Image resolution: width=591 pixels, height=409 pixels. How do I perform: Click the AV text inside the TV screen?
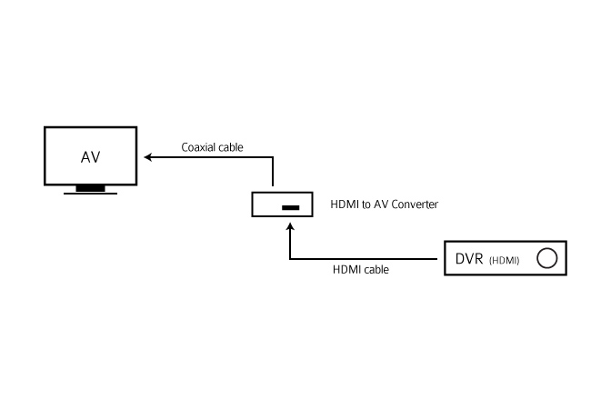pos(90,157)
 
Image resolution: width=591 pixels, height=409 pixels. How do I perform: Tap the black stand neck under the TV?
pos(90,188)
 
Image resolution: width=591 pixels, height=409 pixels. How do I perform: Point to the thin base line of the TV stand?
pos(90,194)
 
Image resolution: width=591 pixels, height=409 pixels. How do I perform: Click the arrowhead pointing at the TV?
pos(147,157)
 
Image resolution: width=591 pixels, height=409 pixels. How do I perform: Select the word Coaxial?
pos(198,147)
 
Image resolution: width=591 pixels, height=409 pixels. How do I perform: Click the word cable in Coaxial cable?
pos(231,147)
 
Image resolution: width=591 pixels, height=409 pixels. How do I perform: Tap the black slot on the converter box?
pos(291,207)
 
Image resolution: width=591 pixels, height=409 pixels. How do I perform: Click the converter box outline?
pos(252,204)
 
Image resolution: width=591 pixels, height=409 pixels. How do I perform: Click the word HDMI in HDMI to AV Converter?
pos(345,204)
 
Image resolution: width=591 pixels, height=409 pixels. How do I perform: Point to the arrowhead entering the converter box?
pos(290,226)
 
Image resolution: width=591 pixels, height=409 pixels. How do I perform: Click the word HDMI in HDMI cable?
pos(346,270)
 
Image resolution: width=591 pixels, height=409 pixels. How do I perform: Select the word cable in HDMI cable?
pos(376,270)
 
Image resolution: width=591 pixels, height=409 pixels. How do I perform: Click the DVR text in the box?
pos(469,259)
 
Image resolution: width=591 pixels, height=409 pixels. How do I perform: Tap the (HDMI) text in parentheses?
pos(505,260)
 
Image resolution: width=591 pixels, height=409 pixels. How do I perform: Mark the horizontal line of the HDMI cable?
pos(364,259)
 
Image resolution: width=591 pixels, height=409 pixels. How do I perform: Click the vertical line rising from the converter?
pos(273,172)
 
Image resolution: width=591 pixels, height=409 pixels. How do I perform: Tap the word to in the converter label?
pos(366,204)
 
